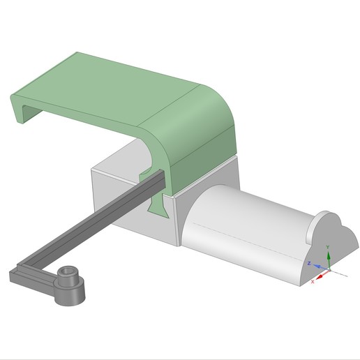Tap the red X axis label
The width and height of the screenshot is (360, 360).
[313, 280]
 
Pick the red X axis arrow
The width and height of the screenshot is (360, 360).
[320, 273]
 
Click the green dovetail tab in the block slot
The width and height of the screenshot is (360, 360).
[160, 205]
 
